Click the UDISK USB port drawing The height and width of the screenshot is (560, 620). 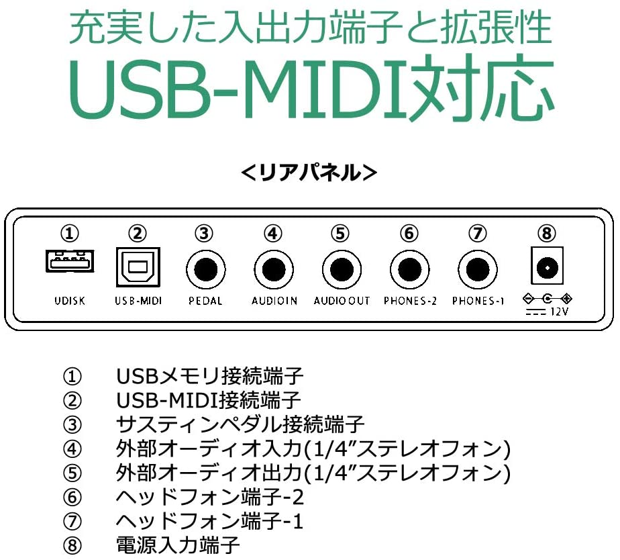(70, 261)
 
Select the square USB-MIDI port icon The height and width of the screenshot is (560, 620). (138, 267)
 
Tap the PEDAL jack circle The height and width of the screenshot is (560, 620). (205, 269)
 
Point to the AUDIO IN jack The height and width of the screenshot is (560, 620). (274, 269)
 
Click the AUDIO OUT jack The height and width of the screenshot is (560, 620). (342, 269)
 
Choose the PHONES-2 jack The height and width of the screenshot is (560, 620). (409, 269)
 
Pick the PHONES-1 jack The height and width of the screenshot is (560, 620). (478, 269)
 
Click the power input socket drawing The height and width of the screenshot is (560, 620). (547, 266)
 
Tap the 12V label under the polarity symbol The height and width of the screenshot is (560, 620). (559, 312)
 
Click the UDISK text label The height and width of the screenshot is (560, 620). (70, 301)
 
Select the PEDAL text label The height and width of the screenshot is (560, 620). (205, 301)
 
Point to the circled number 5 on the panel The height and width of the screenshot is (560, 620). (340, 234)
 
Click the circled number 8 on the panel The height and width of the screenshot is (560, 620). (547, 234)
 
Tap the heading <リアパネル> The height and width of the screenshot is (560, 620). (309, 173)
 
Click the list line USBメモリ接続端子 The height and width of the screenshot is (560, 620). (209, 376)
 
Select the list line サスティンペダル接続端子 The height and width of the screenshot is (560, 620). (240, 424)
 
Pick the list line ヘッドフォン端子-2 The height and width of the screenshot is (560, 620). (209, 497)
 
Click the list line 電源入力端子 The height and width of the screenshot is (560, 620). (178, 545)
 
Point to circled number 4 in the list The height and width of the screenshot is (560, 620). (72, 449)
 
